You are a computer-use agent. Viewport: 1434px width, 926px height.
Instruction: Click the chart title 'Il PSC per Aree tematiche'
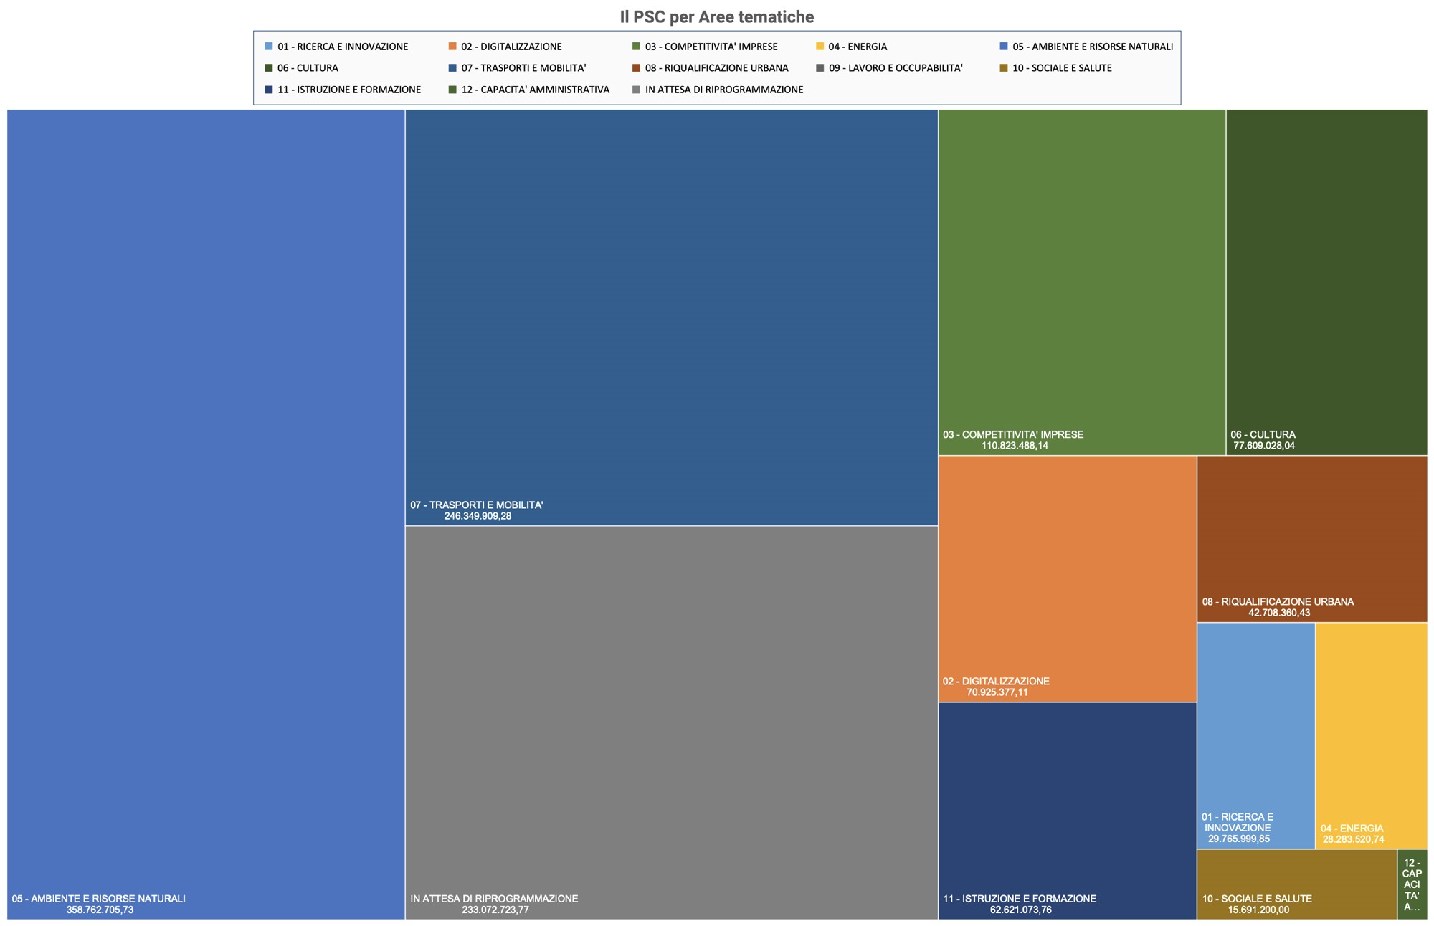[716, 16]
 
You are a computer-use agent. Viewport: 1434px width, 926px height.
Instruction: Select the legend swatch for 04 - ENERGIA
[820, 47]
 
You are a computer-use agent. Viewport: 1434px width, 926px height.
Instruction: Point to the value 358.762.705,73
[100, 910]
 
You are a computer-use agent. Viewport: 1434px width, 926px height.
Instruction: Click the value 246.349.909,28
[478, 516]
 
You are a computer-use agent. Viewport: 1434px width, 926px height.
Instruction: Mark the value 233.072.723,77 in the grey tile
[495, 910]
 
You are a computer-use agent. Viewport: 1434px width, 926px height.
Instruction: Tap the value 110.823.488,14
[1015, 446]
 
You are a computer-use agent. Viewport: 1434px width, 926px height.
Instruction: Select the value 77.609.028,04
[1264, 446]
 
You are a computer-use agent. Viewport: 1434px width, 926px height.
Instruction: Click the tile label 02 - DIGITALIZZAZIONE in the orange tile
[996, 681]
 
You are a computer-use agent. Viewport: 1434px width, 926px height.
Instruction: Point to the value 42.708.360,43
[1279, 613]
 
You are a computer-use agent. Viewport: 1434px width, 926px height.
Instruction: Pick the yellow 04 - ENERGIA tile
[1371, 735]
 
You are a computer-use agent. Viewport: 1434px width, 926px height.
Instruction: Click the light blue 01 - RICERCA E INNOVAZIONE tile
[1256, 735]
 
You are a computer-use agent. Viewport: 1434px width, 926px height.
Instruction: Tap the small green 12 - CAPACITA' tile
[1412, 884]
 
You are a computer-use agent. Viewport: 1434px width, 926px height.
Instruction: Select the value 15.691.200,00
[1258, 910]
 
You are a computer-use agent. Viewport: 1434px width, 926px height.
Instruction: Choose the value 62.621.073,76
[1021, 910]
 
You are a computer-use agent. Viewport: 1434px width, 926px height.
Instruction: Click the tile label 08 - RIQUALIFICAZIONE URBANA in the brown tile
[1278, 602]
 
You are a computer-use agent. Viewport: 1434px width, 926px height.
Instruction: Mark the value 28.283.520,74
[1354, 839]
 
